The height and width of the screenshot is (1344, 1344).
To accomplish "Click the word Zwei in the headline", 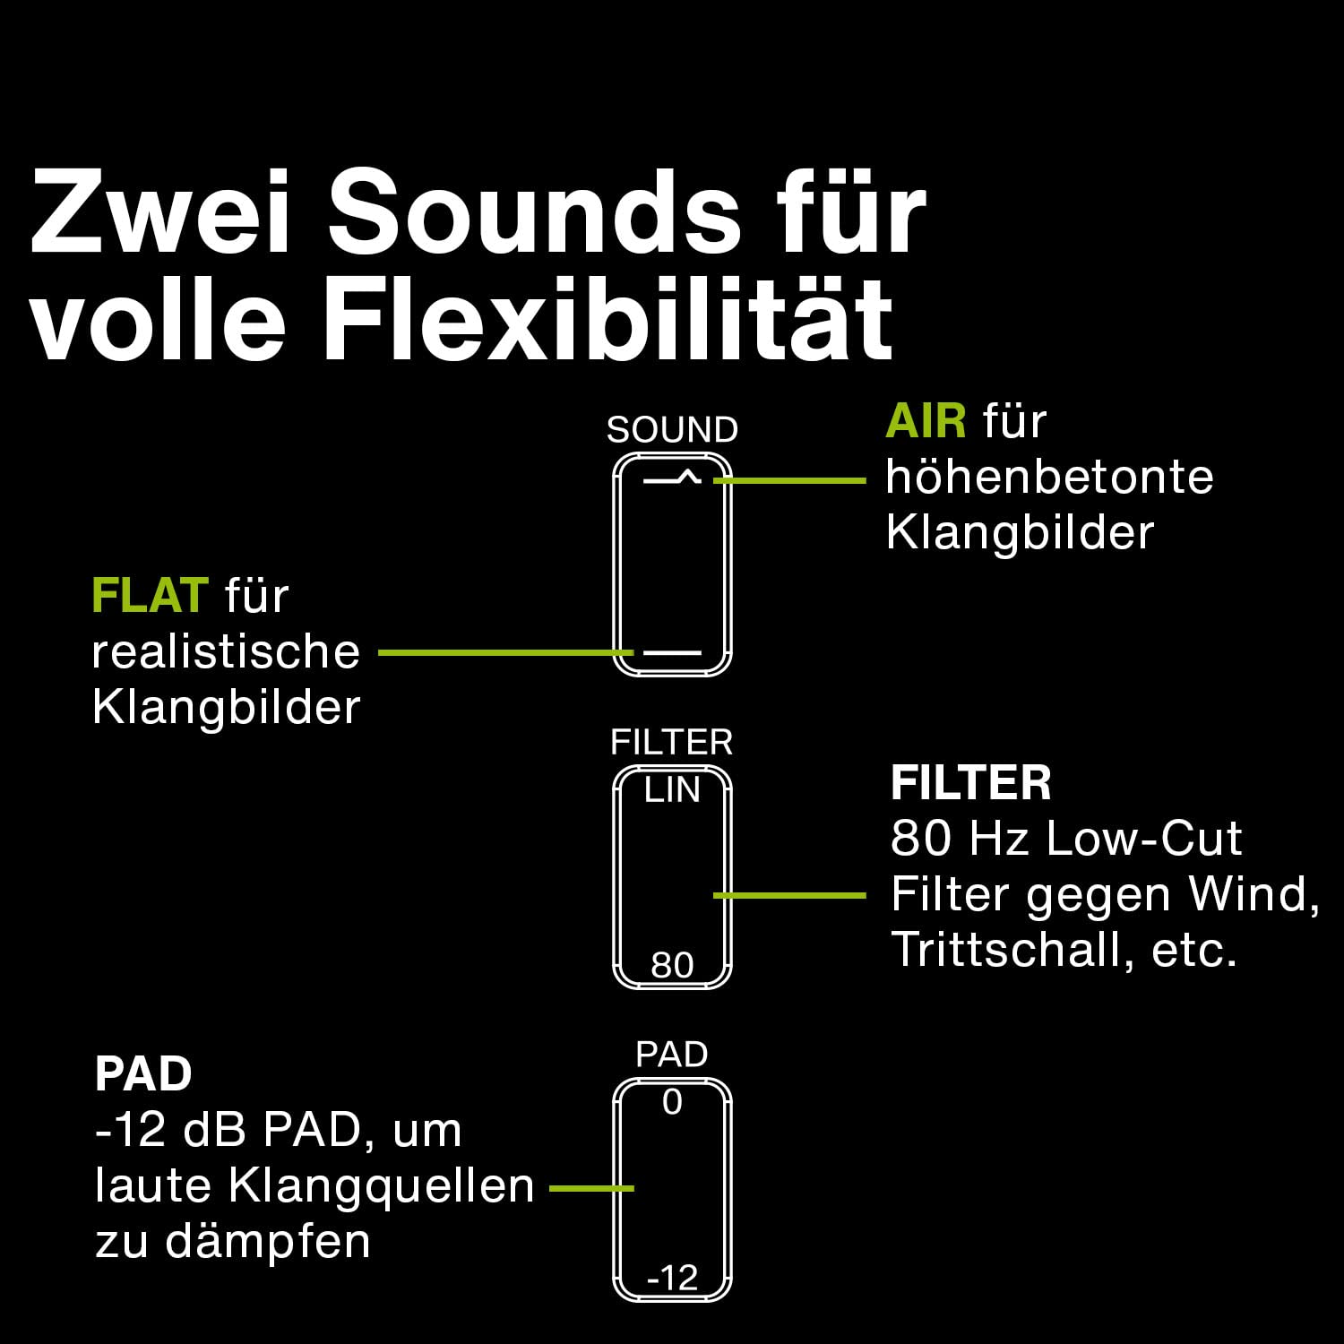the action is [x=161, y=213].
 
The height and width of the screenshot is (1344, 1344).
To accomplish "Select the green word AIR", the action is [x=926, y=421].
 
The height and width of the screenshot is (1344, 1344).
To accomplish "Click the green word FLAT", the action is [x=150, y=596].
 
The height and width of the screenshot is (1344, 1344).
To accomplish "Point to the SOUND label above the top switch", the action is [x=672, y=430].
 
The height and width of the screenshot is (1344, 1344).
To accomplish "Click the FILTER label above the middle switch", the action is [x=672, y=742].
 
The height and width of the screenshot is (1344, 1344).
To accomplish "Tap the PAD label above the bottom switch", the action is [x=672, y=1054].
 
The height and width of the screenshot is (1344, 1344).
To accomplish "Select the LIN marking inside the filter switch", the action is [x=672, y=790].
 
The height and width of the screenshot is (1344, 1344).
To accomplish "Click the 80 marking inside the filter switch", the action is [x=672, y=965].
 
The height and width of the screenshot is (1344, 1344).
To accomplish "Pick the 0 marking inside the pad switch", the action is [x=672, y=1102].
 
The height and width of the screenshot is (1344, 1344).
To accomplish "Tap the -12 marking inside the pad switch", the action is [x=672, y=1277].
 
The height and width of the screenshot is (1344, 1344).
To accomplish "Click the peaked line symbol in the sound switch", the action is [x=673, y=478].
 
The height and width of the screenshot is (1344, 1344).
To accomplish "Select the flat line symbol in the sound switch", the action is [x=673, y=652].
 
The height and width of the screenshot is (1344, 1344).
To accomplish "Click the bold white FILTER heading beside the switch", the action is [x=970, y=783].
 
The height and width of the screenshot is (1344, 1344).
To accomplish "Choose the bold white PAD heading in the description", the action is [x=143, y=1073].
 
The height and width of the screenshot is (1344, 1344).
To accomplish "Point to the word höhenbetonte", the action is [x=1049, y=477].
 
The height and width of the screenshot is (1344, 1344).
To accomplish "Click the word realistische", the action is [x=226, y=651].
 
